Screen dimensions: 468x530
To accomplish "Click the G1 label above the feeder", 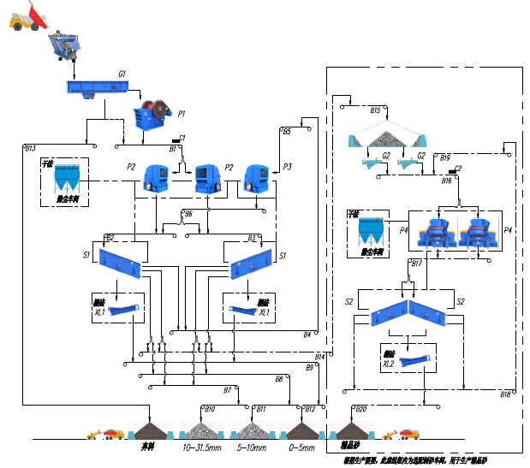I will tap(122, 74).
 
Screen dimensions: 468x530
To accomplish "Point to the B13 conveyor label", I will tap(30, 149).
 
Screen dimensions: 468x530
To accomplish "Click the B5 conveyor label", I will tap(287, 131).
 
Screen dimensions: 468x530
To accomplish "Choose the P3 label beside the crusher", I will tap(288, 166).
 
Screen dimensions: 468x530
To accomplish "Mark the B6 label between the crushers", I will tap(188, 212).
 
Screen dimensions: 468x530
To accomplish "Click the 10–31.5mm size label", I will tap(202, 448).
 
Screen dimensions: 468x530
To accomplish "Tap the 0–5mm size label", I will tap(301, 448).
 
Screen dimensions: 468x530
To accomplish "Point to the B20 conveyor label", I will tap(360, 409).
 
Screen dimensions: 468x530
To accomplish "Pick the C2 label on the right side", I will tap(458, 169).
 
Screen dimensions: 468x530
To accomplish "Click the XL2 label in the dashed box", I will tap(389, 364).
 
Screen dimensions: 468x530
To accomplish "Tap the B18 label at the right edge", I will tap(505, 394).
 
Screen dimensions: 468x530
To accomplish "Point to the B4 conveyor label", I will tap(307, 334).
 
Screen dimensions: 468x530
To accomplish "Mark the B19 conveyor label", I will tap(445, 157).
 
